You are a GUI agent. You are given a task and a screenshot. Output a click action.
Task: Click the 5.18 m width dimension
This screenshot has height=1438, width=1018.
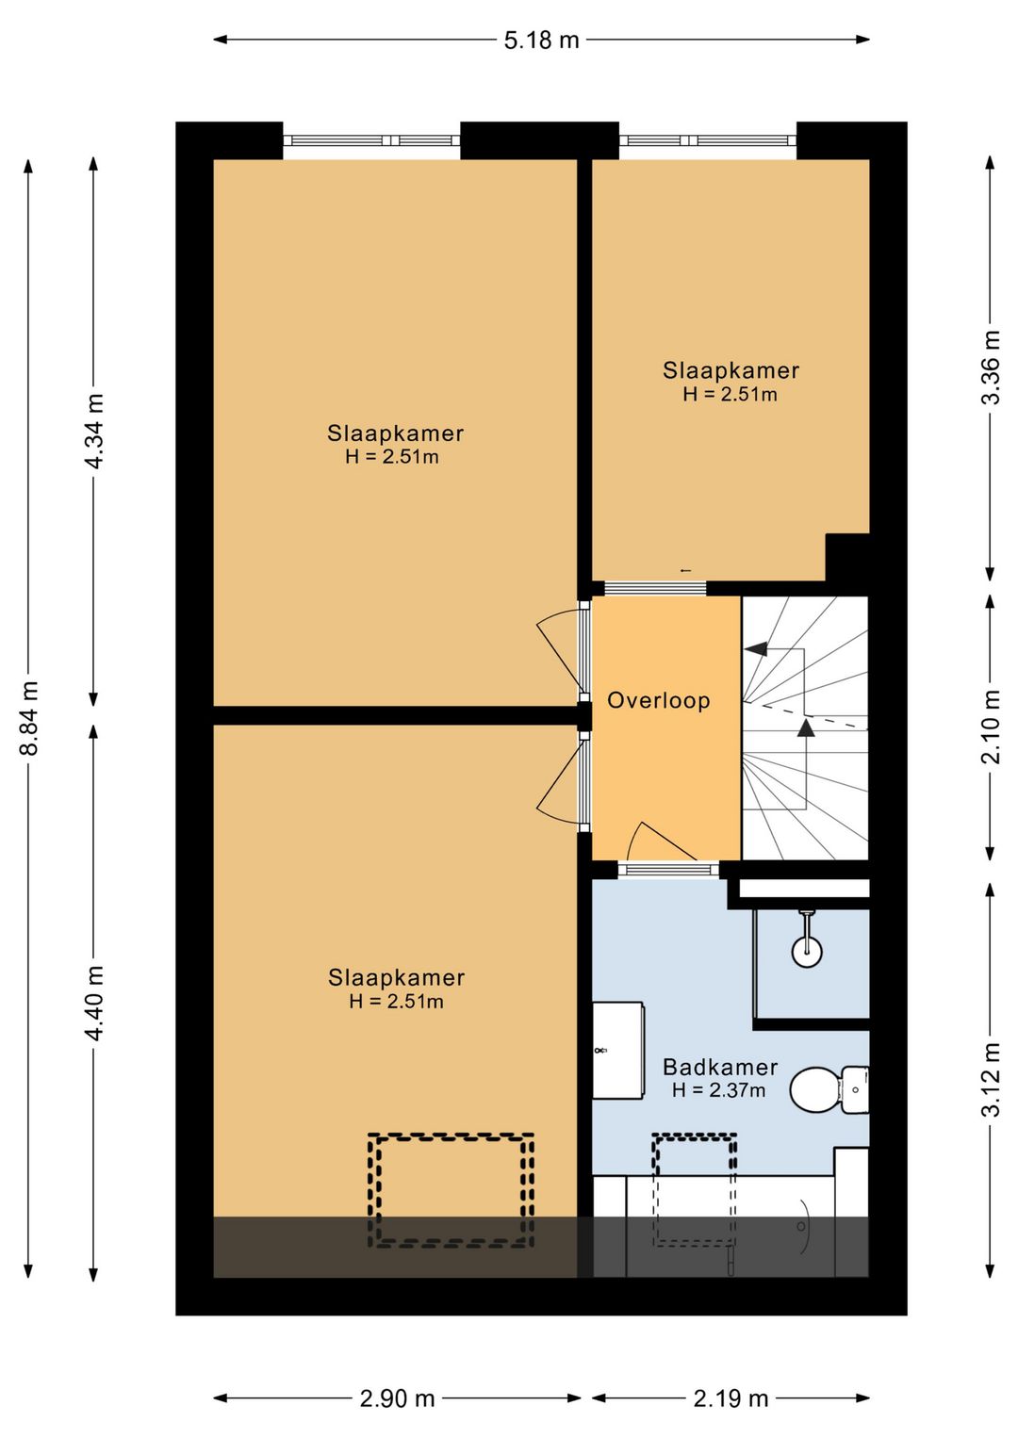click(541, 40)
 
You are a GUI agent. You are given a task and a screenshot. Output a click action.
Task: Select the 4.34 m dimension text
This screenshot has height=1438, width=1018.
click(93, 431)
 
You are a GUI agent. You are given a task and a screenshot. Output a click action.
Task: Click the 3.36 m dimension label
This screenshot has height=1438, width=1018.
click(991, 367)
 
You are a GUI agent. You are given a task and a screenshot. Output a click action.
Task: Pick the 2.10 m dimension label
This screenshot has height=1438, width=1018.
click(991, 726)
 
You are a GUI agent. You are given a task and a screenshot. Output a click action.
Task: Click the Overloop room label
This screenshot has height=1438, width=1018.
click(659, 700)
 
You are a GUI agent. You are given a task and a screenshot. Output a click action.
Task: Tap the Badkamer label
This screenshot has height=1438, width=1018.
click(720, 1067)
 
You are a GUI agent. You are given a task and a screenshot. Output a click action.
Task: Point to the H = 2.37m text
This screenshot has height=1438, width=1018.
click(718, 1090)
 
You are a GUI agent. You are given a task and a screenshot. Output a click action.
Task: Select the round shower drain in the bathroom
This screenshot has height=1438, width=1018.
click(807, 951)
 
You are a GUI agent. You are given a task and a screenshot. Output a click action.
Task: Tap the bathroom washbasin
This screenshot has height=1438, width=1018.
click(617, 1051)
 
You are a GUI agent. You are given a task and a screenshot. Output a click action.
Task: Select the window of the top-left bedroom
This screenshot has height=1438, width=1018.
click(372, 140)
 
